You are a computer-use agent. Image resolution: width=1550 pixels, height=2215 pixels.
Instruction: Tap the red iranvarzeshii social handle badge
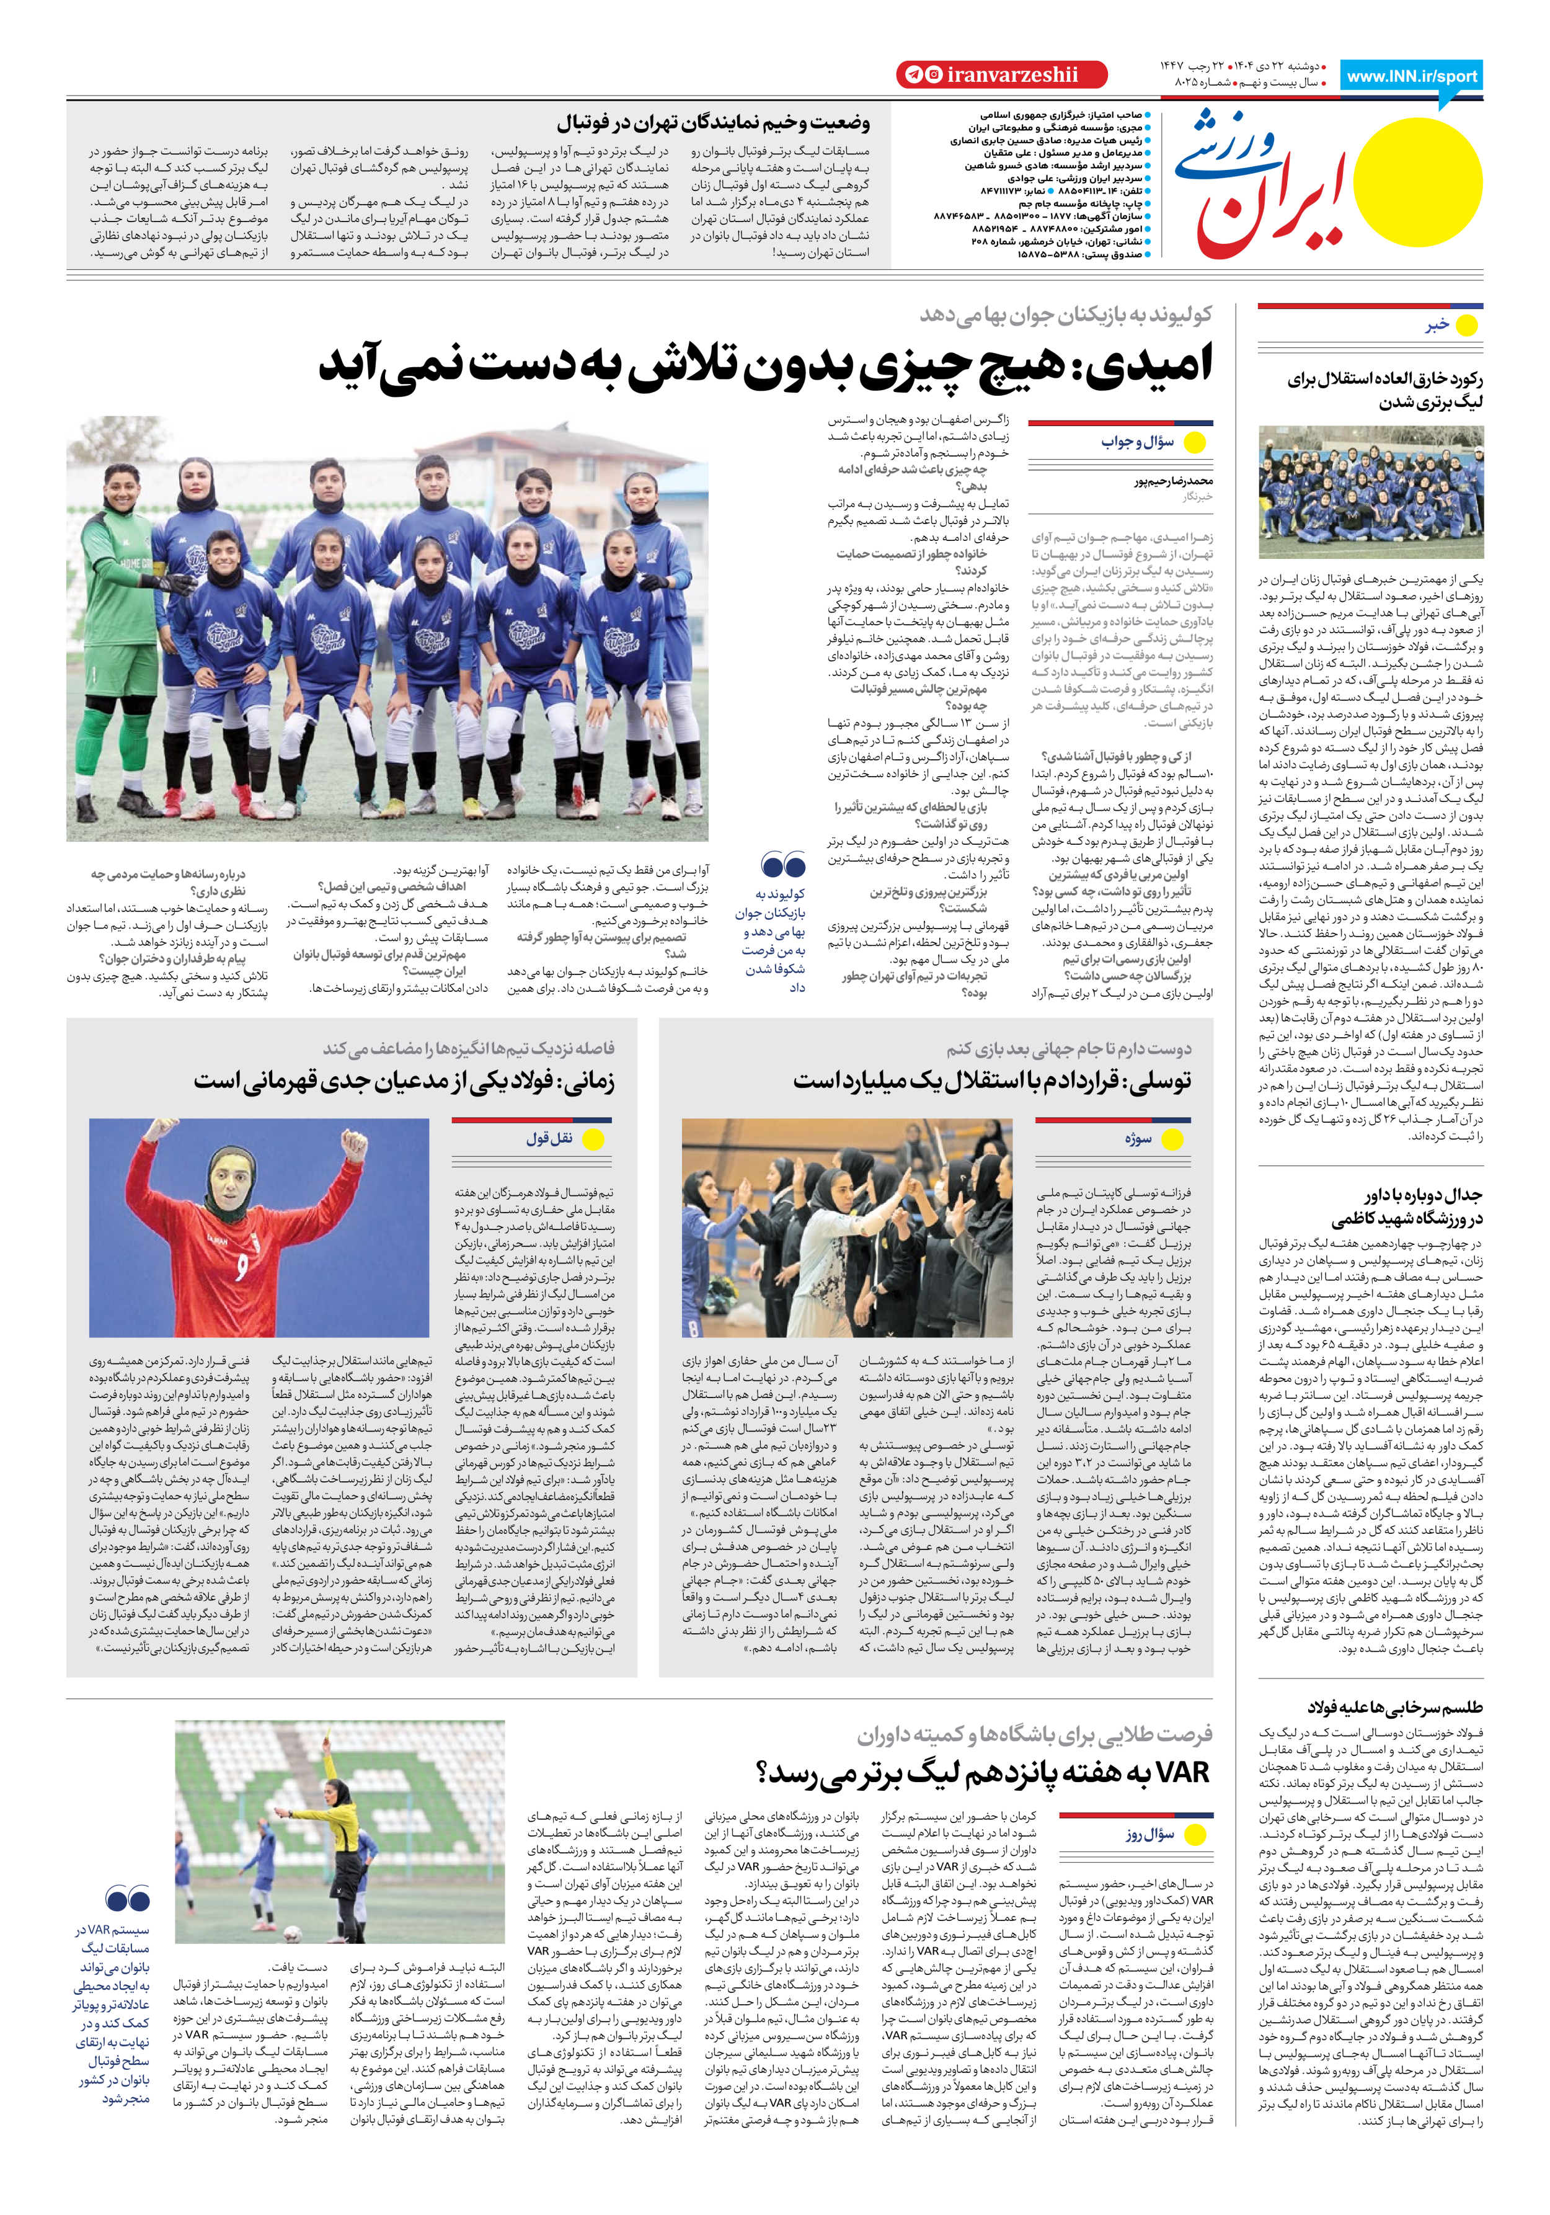1001,74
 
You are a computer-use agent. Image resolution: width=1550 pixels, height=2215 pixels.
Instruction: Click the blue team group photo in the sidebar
1371,492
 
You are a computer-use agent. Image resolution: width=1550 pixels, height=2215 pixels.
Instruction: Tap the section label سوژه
1138,1139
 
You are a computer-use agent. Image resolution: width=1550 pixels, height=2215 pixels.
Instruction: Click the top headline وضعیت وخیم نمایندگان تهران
713,123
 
